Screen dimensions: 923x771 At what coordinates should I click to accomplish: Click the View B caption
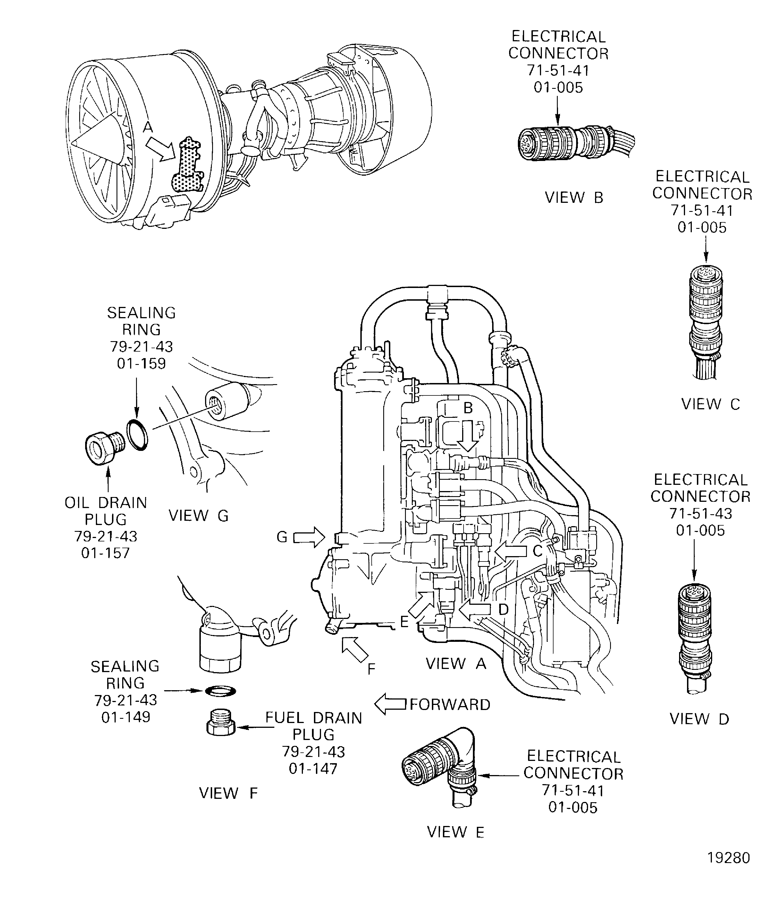tap(574, 198)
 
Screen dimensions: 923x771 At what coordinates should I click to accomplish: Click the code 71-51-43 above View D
tap(700, 513)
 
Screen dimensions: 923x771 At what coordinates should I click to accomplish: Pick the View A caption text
tap(456, 663)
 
